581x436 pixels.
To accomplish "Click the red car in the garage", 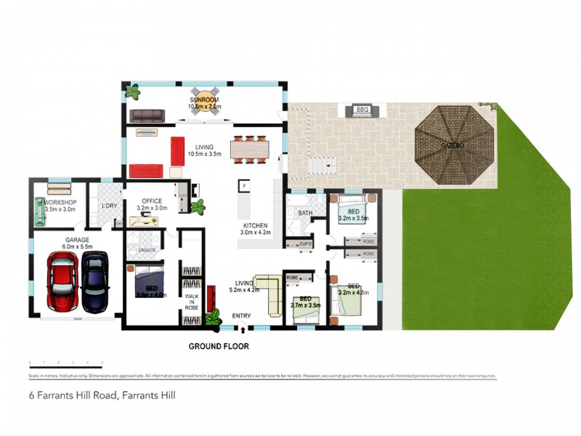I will click(x=62, y=279).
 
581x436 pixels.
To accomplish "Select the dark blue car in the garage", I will click(x=94, y=280).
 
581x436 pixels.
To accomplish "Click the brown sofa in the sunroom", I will click(x=147, y=115).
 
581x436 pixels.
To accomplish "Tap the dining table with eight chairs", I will click(x=249, y=149).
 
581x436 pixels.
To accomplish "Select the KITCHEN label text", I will click(x=256, y=226).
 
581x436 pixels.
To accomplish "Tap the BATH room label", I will click(x=305, y=213).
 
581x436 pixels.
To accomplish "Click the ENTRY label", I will click(x=242, y=316).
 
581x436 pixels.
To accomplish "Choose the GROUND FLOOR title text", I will click(x=219, y=347).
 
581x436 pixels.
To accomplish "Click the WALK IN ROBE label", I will click(x=192, y=302).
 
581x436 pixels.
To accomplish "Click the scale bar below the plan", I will click(x=65, y=363).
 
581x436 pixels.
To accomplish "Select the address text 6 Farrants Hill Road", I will click(x=102, y=396).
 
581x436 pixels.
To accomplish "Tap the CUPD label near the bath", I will click(x=305, y=246).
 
